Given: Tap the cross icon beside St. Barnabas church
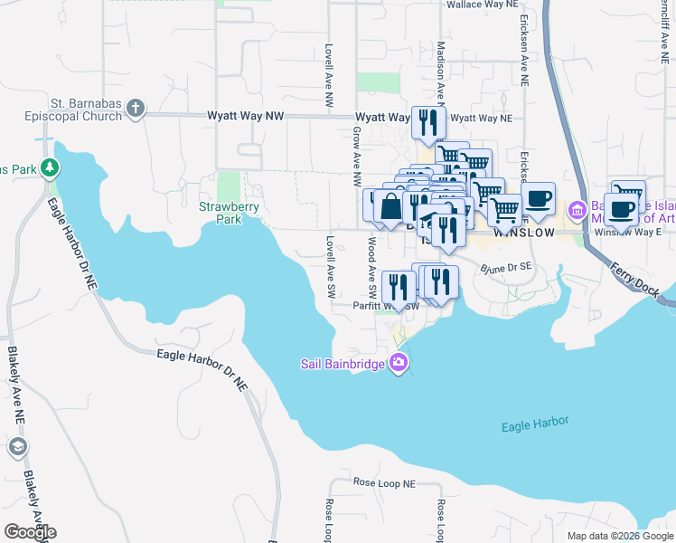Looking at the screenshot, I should pyautogui.click(x=136, y=109).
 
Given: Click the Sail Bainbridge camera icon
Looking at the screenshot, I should pyautogui.click(x=399, y=364).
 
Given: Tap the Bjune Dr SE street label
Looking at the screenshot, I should pyautogui.click(x=506, y=268).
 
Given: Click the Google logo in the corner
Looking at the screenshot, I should pyautogui.click(x=30, y=532).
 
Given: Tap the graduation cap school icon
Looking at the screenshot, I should pyautogui.click(x=18, y=447).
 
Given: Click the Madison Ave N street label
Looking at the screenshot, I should pyautogui.click(x=441, y=68).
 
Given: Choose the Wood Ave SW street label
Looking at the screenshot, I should pyautogui.click(x=371, y=267).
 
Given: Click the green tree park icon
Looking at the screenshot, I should pyautogui.click(x=52, y=168).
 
